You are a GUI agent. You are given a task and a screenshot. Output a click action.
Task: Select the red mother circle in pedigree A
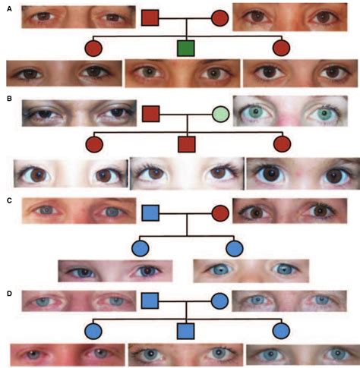[x=219, y=17]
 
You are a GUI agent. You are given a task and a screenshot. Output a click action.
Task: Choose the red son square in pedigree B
[x=185, y=143]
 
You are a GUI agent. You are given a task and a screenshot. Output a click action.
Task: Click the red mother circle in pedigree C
[x=219, y=212]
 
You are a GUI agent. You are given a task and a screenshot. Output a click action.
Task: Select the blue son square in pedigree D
[x=185, y=331]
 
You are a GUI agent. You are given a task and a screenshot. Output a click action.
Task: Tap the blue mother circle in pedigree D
[x=219, y=301]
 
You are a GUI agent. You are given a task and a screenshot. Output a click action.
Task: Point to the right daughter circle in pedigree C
[x=233, y=247]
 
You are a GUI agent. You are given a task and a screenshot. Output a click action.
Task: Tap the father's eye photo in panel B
[x=79, y=113]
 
